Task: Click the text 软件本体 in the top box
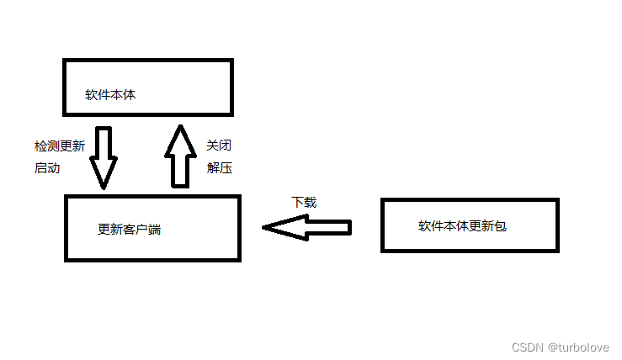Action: point(110,94)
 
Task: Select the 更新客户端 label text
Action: point(129,229)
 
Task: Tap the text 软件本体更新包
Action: point(462,226)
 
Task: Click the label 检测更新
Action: point(60,146)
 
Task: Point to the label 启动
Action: point(47,167)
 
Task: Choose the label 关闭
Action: point(219,146)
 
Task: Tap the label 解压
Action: point(219,167)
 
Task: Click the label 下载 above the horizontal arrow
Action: point(304,203)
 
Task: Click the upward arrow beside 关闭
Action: point(179,156)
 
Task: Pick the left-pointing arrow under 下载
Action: point(306,227)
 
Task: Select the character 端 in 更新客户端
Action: point(154,229)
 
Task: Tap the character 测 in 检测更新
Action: point(53,146)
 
